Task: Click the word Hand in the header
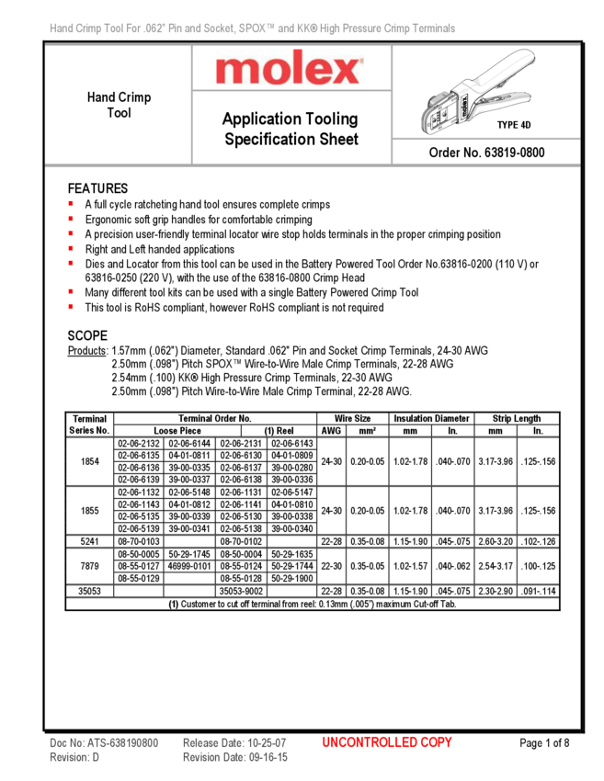(x=62, y=29)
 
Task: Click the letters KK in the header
(x=302, y=29)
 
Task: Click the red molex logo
(x=290, y=69)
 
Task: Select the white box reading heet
(x=344, y=140)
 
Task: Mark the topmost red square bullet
(x=71, y=203)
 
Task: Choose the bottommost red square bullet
(x=71, y=306)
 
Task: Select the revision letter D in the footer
(x=96, y=757)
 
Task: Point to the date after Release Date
(x=268, y=742)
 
